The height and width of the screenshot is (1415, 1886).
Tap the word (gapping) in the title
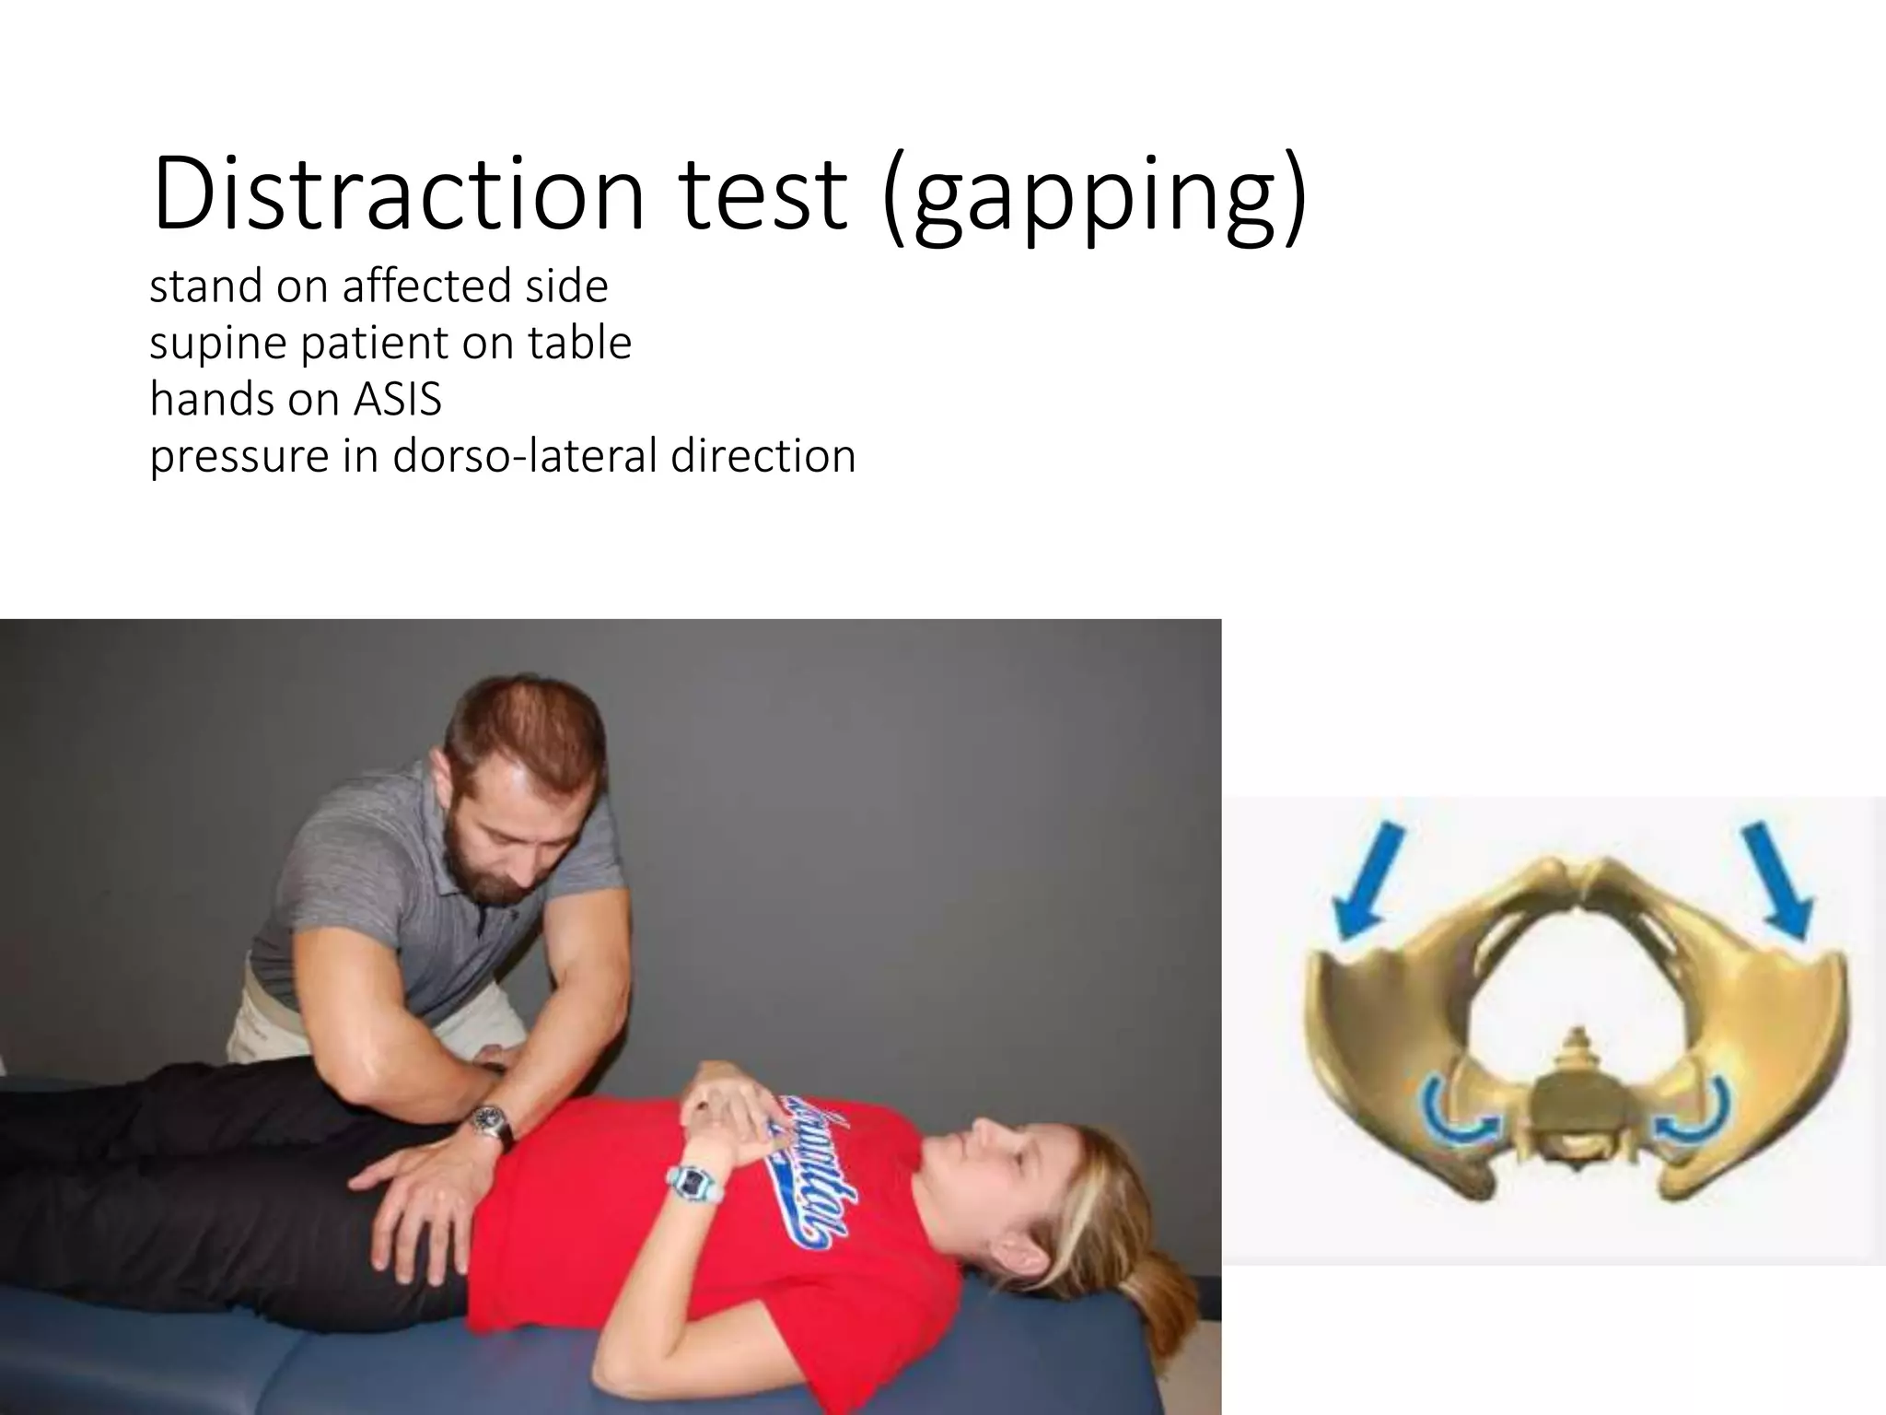[x=1093, y=198]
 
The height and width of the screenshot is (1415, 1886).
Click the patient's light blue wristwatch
[x=691, y=1180]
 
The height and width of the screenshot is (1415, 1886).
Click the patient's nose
[x=978, y=1138]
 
